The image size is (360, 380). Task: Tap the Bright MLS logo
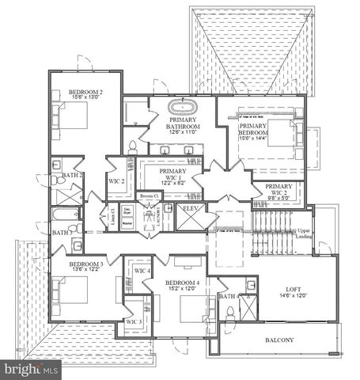click(32, 369)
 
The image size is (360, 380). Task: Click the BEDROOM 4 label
click(183, 283)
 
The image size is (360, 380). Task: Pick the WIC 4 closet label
click(142, 272)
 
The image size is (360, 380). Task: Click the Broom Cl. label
click(150, 196)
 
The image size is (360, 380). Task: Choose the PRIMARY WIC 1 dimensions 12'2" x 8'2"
click(172, 182)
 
